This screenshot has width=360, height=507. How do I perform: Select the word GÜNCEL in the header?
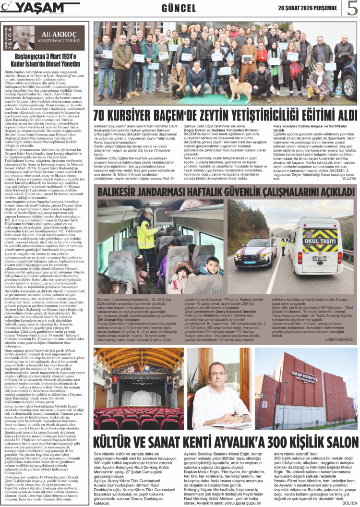click(178, 9)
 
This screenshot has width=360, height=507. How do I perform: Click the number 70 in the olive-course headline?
click(105, 116)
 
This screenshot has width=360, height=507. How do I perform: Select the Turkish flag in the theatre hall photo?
click(115, 365)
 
